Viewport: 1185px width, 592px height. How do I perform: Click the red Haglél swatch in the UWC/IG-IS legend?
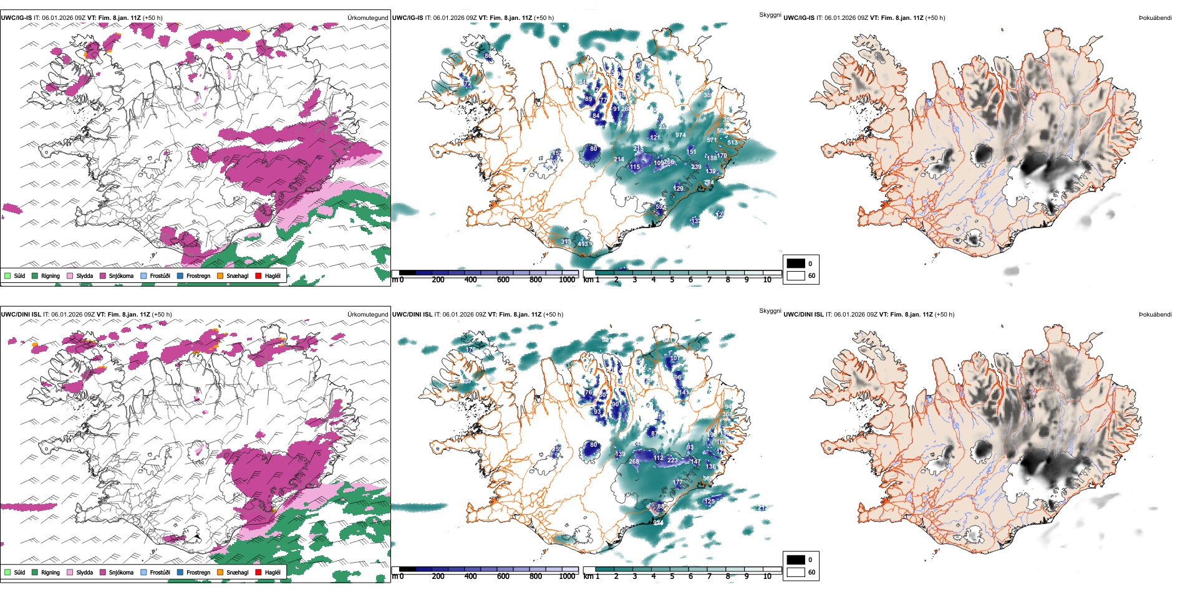pyautogui.click(x=259, y=275)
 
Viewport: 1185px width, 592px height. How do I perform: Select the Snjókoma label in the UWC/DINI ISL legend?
pyautogui.click(x=121, y=572)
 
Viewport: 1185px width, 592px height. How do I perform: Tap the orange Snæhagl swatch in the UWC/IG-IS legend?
pyautogui.click(x=220, y=275)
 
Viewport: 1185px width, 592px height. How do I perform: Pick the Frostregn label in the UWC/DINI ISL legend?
pyautogui.click(x=198, y=572)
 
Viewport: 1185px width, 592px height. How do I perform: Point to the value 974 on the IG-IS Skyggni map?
pyautogui.click(x=680, y=135)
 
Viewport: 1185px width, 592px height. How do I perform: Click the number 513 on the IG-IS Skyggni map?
pyautogui.click(x=732, y=143)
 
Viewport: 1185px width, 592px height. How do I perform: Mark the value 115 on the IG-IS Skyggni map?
pyautogui.click(x=635, y=167)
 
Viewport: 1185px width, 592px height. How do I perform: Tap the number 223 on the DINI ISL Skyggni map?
pyautogui.click(x=672, y=461)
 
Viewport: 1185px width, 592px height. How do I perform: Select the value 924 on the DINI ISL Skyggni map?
pyautogui.click(x=659, y=523)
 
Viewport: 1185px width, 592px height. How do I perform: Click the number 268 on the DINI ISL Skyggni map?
pyautogui.click(x=634, y=462)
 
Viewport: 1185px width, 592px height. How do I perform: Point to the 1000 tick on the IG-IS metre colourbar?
pyautogui.click(x=567, y=280)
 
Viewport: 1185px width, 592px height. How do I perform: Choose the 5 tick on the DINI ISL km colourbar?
pyautogui.click(x=672, y=576)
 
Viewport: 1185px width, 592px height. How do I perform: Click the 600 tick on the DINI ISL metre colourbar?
pyautogui.click(x=503, y=576)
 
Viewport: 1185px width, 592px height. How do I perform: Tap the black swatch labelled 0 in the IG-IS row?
pyautogui.click(x=796, y=264)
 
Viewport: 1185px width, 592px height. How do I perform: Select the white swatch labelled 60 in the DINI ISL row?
pyautogui.click(x=796, y=571)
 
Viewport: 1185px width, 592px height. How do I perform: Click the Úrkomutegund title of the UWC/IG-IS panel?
pyautogui.click(x=367, y=18)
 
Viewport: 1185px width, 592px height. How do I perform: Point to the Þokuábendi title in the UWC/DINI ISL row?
pyautogui.click(x=1155, y=315)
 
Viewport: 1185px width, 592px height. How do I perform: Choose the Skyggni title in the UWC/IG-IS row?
pyautogui.click(x=770, y=15)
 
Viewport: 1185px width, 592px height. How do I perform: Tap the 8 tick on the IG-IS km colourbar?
pyautogui.click(x=728, y=280)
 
